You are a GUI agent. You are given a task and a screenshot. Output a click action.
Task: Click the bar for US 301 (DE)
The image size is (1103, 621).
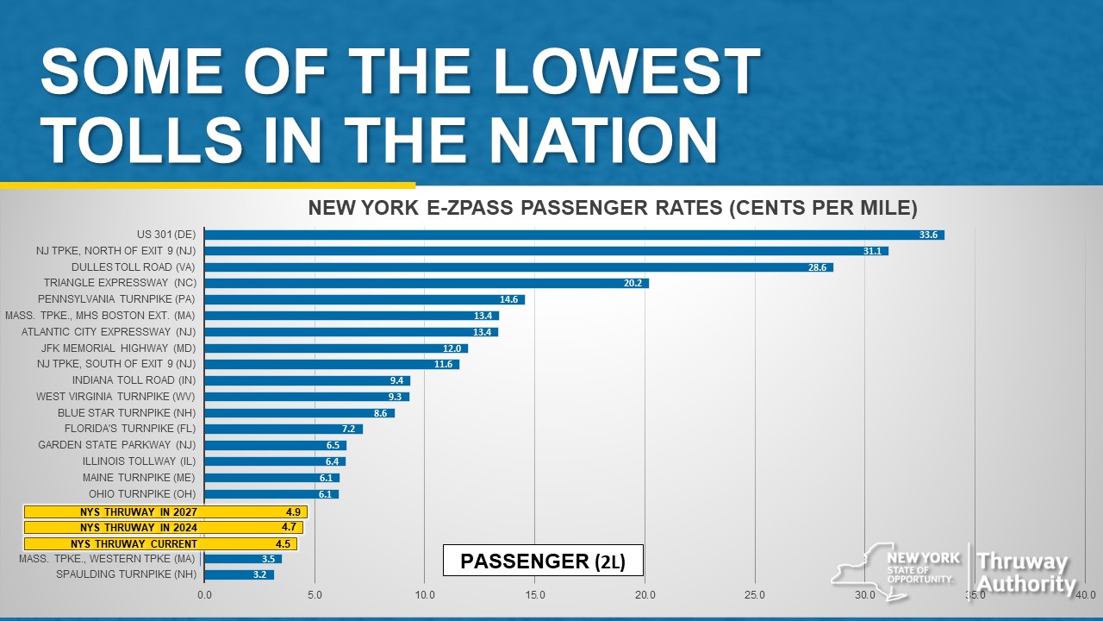click(x=574, y=235)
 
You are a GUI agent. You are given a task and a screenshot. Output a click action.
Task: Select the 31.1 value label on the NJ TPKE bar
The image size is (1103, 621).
click(x=872, y=251)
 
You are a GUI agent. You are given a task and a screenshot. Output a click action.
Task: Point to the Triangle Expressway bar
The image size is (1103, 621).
click(x=427, y=283)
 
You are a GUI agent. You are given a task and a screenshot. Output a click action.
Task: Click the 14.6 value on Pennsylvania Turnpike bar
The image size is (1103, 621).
click(x=508, y=299)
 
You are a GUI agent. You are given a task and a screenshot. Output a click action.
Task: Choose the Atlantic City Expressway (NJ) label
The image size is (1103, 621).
click(x=109, y=331)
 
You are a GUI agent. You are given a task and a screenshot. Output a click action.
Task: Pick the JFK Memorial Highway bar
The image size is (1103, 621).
click(x=336, y=348)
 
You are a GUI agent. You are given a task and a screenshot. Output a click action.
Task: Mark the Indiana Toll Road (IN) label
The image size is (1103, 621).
click(x=134, y=380)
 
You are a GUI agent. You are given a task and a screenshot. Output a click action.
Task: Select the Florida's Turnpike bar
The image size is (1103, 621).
click(x=284, y=429)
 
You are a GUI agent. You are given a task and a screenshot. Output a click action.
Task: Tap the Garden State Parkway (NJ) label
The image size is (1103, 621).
click(x=116, y=445)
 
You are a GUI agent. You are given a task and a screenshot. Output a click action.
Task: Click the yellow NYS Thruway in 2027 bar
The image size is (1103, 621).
click(x=165, y=511)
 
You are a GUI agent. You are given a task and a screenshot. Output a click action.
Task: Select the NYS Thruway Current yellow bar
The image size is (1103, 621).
click(x=160, y=544)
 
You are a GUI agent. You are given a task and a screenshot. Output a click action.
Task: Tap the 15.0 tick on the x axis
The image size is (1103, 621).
click(x=534, y=594)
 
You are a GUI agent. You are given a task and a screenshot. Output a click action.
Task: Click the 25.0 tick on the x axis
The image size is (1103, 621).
click(x=755, y=594)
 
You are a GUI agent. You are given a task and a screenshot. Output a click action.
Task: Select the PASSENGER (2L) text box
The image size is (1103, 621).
click(x=542, y=561)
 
